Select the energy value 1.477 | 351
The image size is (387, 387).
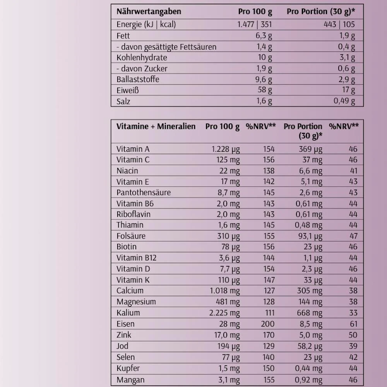(x=255, y=25)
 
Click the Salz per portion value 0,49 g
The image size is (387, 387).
(x=344, y=101)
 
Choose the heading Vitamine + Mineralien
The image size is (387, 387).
(x=156, y=127)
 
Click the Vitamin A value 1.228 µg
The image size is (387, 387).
(x=225, y=149)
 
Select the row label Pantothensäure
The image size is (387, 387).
(x=143, y=192)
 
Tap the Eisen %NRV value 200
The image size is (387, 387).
(x=267, y=324)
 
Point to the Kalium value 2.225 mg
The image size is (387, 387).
(x=224, y=313)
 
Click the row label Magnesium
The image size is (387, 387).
(x=136, y=302)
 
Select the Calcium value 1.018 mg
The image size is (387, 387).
(x=225, y=291)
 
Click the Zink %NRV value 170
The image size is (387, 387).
(x=267, y=335)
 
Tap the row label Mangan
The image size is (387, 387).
(x=130, y=380)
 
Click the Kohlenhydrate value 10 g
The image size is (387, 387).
(x=265, y=58)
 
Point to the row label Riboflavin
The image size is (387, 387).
(x=134, y=214)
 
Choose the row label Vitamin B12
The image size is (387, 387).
(x=136, y=258)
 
